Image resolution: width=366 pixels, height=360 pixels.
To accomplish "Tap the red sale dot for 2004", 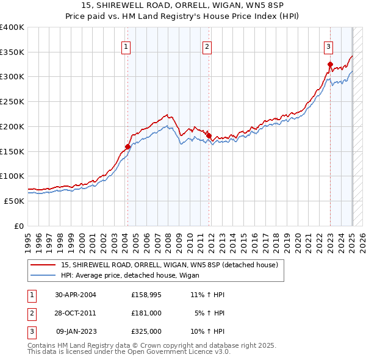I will click(127, 146).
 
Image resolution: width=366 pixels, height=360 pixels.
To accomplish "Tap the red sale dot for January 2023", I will click(330, 65).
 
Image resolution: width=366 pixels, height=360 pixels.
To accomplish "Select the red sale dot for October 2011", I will click(209, 135).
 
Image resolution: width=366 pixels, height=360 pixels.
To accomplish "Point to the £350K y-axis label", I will click(12, 52).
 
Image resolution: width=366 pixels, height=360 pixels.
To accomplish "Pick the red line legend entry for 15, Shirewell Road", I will click(169, 265).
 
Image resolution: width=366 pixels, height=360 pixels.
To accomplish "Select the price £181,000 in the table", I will click(146, 313).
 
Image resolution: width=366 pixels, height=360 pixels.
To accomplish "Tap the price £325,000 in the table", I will click(146, 331).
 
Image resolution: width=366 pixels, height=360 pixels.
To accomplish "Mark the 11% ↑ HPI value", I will click(207, 295).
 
